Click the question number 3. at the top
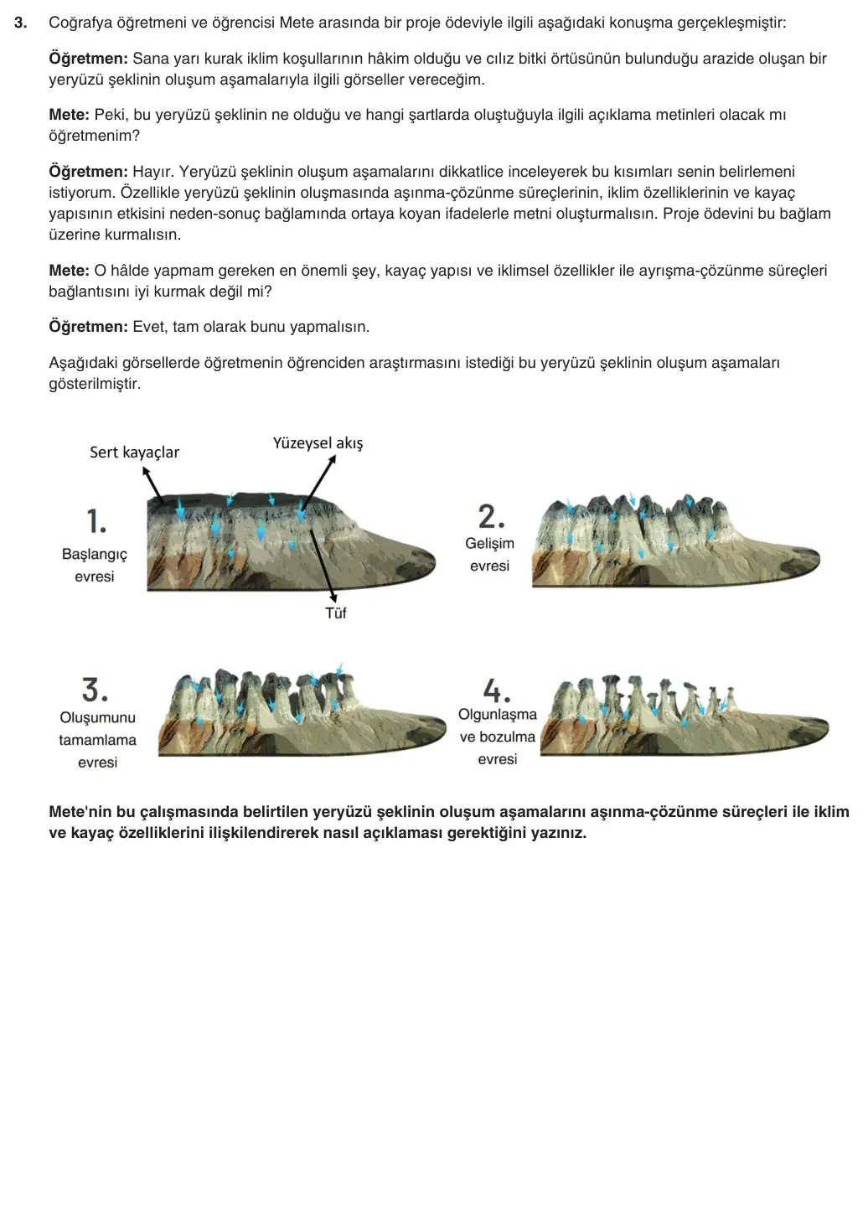pyautogui.click(x=21, y=23)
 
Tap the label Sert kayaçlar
pyautogui.click(x=134, y=452)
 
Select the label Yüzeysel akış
pyautogui.click(x=318, y=444)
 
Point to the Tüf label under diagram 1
pyautogui.click(x=335, y=613)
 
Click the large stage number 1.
pyautogui.click(x=96, y=521)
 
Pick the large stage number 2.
pyautogui.click(x=492, y=516)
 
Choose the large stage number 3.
pyautogui.click(x=95, y=690)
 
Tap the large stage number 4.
pyautogui.click(x=496, y=690)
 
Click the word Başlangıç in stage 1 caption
pyautogui.click(x=95, y=555)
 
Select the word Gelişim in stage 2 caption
pyautogui.click(x=489, y=544)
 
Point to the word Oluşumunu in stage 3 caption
pyautogui.click(x=98, y=717)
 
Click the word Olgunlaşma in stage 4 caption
pyautogui.click(x=498, y=715)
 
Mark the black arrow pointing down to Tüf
pyautogui.click(x=323, y=566)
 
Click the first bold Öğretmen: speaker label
pyautogui.click(x=89, y=59)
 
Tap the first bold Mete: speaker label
pyautogui.click(x=69, y=115)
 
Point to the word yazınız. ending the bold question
pyautogui.click(x=559, y=833)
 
